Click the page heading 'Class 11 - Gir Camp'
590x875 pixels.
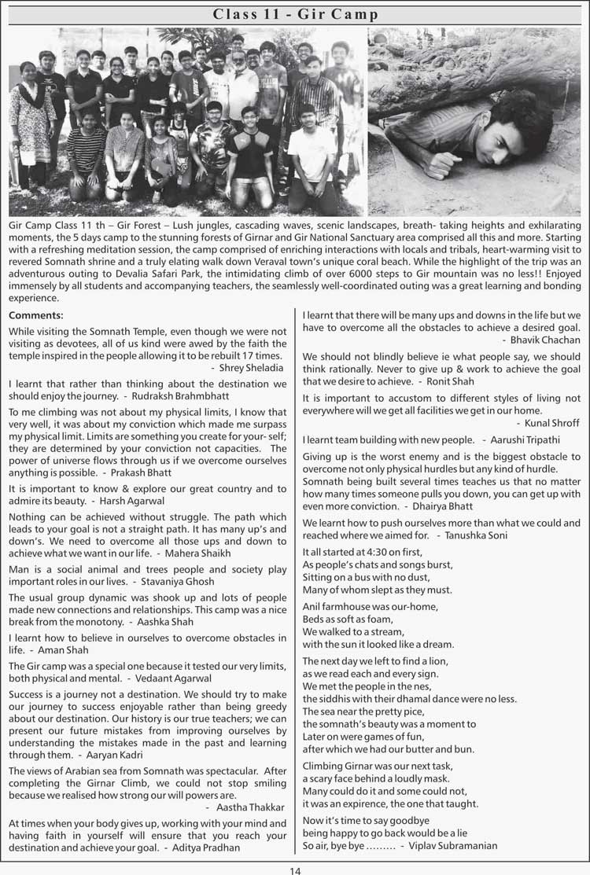point(295,15)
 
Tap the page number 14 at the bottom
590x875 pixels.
point(295,869)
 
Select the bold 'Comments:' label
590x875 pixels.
point(35,315)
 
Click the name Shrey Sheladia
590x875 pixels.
point(252,367)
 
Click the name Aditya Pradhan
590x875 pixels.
point(213,848)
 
